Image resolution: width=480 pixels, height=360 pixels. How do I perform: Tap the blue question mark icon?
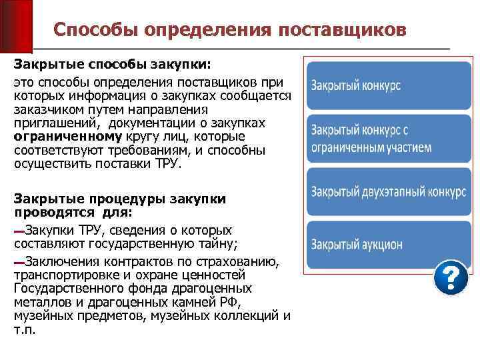[451, 277]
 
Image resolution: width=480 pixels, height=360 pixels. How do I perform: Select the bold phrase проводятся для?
[73, 213]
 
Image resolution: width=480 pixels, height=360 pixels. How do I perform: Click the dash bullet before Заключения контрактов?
[19, 261]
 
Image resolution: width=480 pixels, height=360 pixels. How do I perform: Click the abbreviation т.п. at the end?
[25, 330]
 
